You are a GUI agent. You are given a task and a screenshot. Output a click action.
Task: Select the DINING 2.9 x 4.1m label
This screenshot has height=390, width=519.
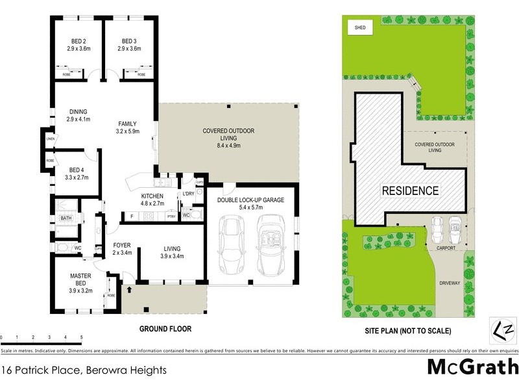pyautogui.click(x=77, y=115)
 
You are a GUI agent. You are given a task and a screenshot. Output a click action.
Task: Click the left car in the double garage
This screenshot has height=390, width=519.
pyautogui.click(x=232, y=245)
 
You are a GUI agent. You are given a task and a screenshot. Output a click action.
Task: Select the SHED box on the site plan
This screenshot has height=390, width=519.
pyautogui.click(x=359, y=27)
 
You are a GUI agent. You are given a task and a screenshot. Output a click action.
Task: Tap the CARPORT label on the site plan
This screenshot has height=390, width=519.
pyautogui.click(x=446, y=248)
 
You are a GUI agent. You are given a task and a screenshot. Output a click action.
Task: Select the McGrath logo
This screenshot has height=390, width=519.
pyautogui.click(x=472, y=367)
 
